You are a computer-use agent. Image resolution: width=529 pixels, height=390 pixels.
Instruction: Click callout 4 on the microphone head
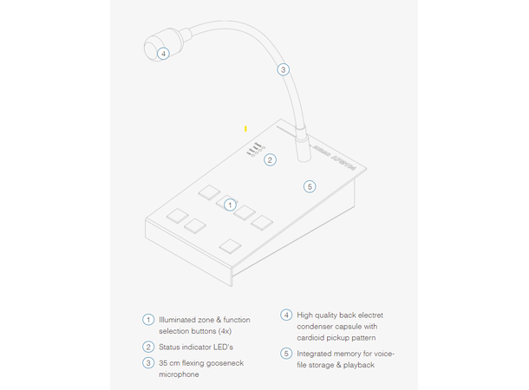pyautogui.click(x=163, y=53)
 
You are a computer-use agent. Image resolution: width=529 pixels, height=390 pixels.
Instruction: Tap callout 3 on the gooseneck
pyautogui.click(x=283, y=69)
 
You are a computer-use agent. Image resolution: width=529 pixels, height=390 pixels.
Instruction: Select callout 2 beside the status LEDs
pyautogui.click(x=271, y=159)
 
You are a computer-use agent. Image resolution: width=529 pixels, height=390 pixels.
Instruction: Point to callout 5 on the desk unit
pyautogui.click(x=310, y=185)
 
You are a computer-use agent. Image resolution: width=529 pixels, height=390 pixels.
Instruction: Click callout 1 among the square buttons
pyautogui.click(x=230, y=205)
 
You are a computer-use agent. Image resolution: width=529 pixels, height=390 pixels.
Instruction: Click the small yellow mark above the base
pyautogui.click(x=246, y=128)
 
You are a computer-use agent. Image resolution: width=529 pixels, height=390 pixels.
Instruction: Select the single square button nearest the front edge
pyautogui.click(x=230, y=245)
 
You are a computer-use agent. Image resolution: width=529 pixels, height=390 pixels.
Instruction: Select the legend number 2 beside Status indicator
pyautogui.click(x=147, y=347)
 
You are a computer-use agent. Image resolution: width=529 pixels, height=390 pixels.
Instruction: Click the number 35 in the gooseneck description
pyautogui.click(x=163, y=362)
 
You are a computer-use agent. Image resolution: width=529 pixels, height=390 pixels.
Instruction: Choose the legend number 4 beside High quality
pyautogui.click(x=285, y=316)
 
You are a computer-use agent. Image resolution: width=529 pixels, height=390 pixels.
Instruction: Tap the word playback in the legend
pyautogui.click(x=360, y=365)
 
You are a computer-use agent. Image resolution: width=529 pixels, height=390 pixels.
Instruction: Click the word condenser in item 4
pyautogui.click(x=316, y=327)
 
